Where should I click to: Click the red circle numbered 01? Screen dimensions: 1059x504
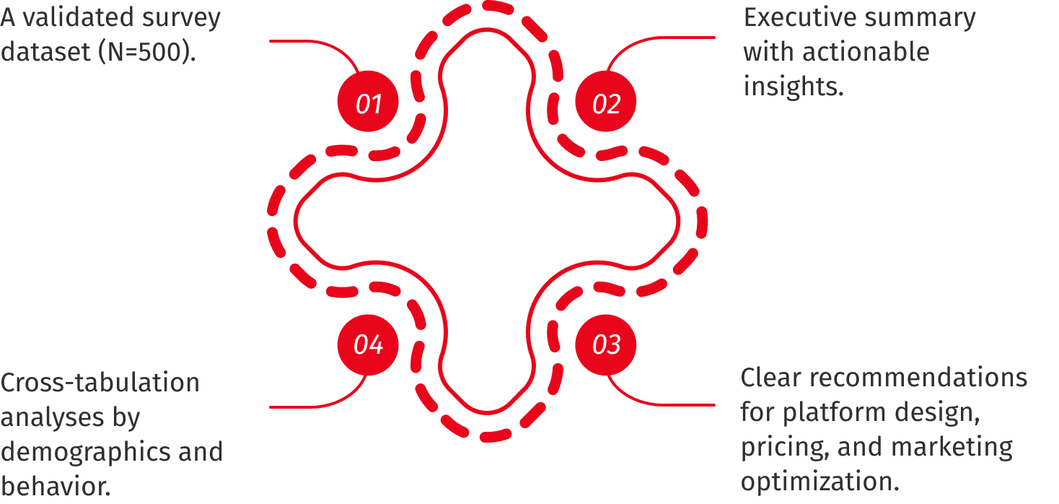point(368,101)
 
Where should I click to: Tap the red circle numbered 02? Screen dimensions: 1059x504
point(606,101)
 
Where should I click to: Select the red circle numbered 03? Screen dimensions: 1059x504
point(606,345)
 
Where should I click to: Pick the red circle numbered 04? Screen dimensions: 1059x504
point(368,345)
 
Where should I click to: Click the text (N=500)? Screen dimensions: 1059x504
point(147,52)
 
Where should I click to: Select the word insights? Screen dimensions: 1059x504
point(794,86)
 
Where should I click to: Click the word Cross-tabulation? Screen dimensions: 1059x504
point(100,383)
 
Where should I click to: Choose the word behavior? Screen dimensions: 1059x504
point(56,486)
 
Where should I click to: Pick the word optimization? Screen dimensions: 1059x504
point(819,482)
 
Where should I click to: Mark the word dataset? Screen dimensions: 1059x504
point(45,51)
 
